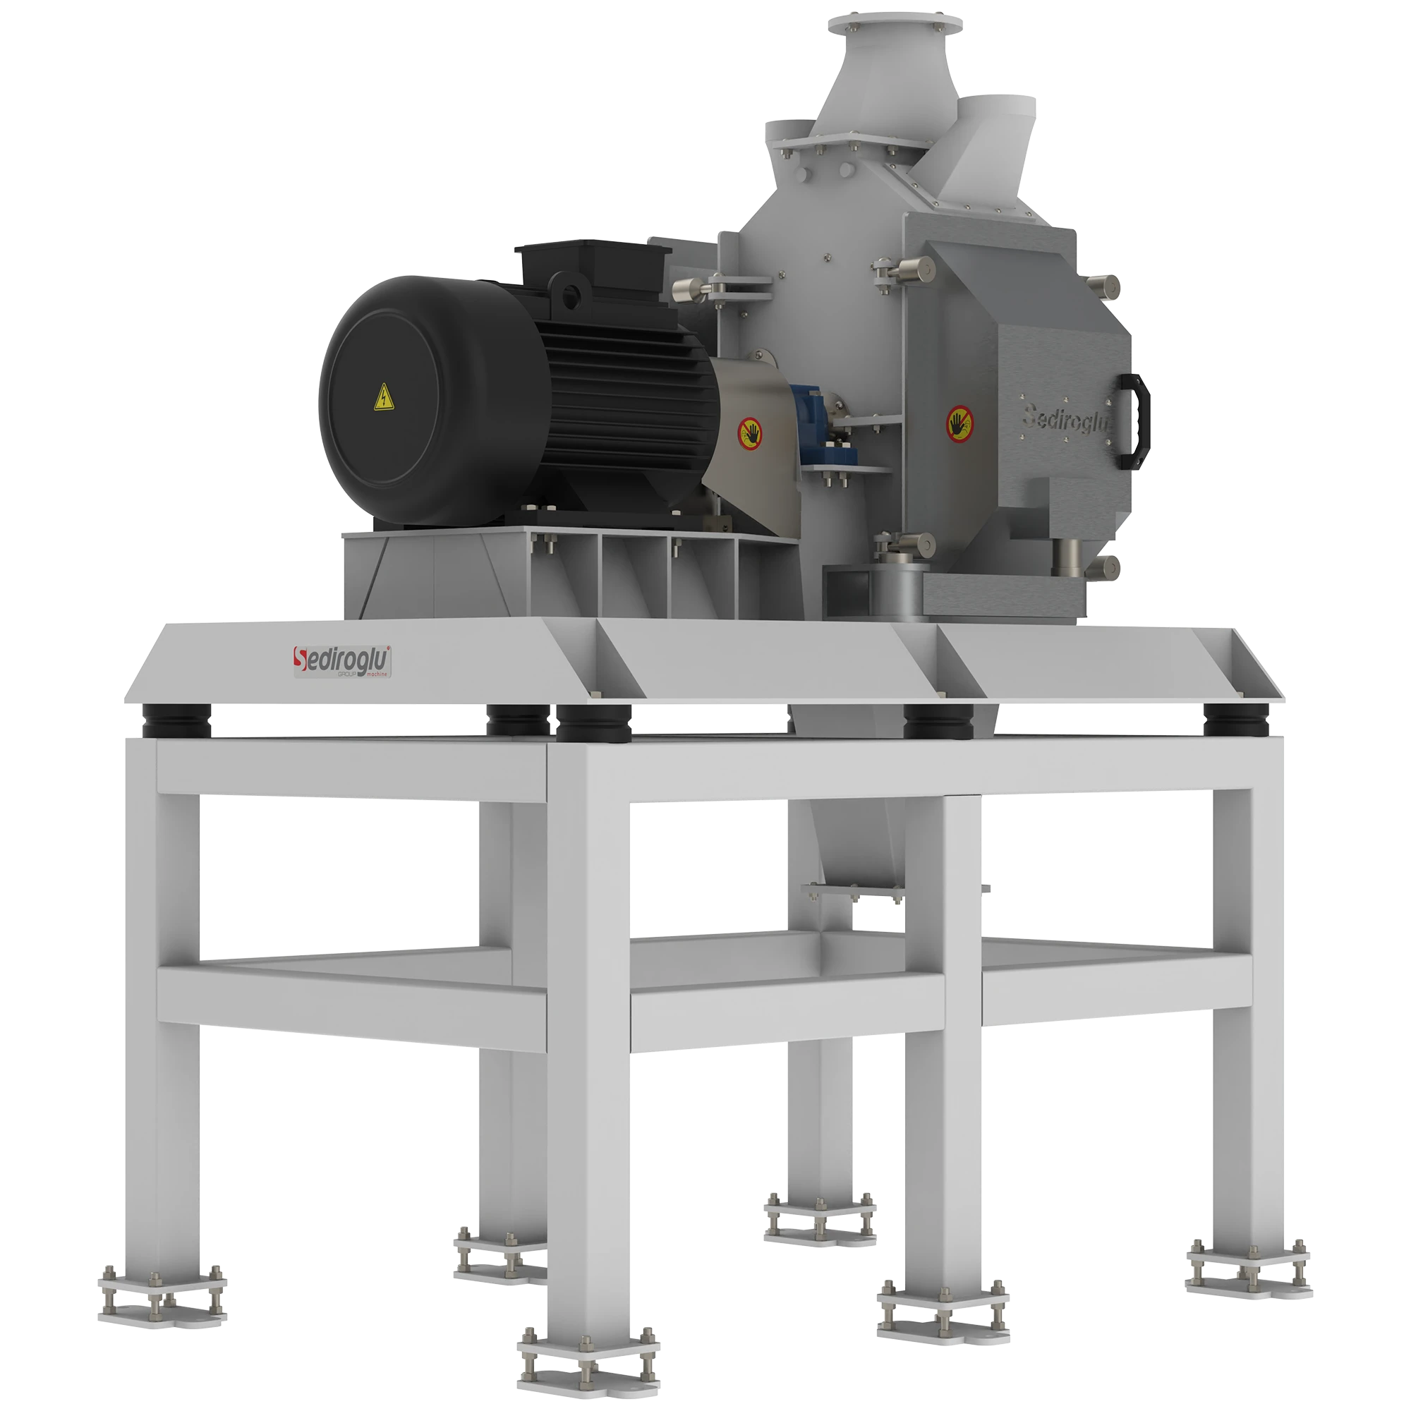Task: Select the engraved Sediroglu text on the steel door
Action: point(1065,419)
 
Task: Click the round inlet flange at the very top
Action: point(895,23)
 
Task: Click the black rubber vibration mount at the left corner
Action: point(178,720)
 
